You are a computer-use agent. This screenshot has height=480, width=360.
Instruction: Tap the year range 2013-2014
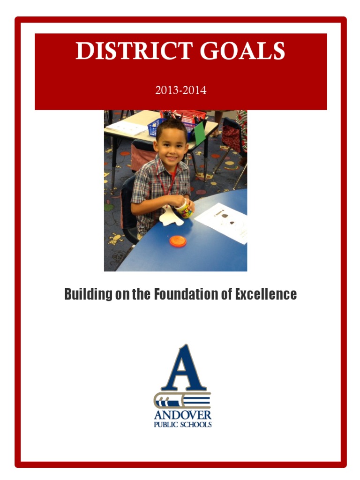click(x=180, y=90)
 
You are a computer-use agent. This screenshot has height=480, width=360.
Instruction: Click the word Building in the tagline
click(x=88, y=294)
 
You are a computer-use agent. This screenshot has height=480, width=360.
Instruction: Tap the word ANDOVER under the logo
click(x=183, y=415)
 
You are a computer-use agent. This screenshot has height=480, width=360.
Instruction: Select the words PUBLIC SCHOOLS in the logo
click(x=183, y=425)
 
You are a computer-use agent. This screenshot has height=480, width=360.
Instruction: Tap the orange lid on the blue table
click(x=178, y=241)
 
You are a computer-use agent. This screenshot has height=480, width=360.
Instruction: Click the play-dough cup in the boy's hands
click(x=184, y=209)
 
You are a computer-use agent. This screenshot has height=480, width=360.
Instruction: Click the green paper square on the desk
click(x=200, y=133)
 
